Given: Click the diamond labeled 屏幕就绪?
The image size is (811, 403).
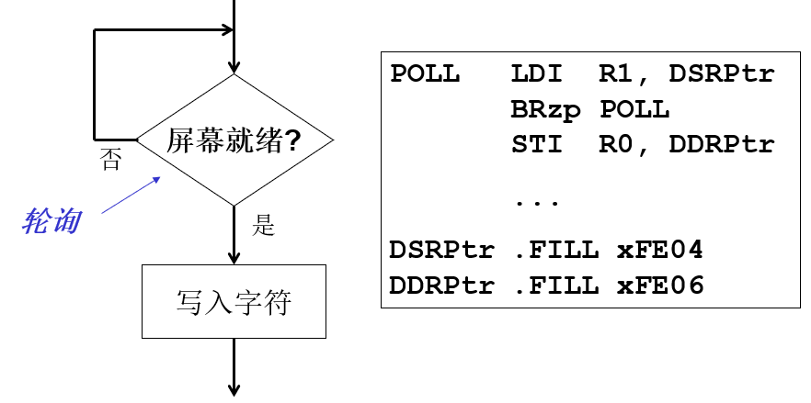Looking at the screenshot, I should (234, 140).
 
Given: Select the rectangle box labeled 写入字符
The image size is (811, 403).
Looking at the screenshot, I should (234, 301).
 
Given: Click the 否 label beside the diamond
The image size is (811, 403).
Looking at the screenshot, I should (109, 162).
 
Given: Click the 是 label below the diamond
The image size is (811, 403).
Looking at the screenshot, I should (264, 225).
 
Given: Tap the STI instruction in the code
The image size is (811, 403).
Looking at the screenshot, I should (536, 145).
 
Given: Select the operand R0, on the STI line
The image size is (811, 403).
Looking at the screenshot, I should (625, 145).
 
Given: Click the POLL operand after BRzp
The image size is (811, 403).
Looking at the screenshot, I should (634, 110).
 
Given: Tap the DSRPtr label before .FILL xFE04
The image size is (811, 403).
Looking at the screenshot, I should (442, 250).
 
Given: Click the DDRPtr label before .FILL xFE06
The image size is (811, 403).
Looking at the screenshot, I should (442, 285).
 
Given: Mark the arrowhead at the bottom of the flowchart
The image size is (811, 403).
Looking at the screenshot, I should (234, 386).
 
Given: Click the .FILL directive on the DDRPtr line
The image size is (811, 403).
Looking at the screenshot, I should (555, 285).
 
